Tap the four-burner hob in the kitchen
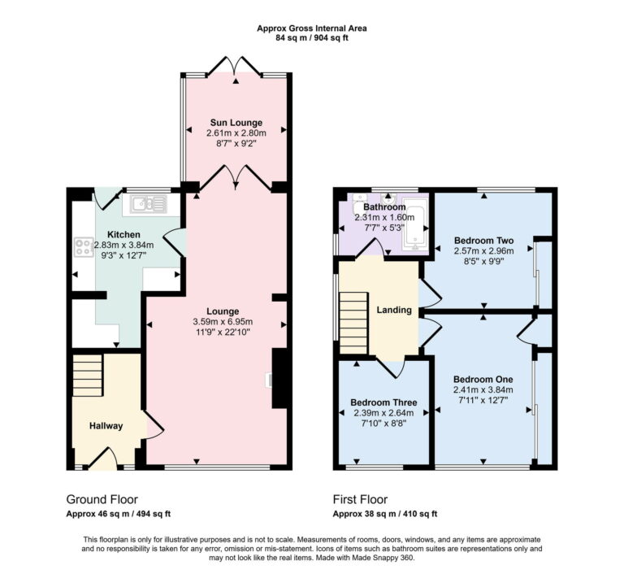(x=83, y=246)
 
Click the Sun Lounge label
(x=234, y=123)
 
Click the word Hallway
(x=106, y=426)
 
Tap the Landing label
(x=393, y=310)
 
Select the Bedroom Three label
(x=383, y=402)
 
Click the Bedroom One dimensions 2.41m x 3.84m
(x=483, y=389)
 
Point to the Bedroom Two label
(x=483, y=241)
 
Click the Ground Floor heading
(x=102, y=499)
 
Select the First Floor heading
(x=360, y=499)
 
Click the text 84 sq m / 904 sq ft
(x=312, y=38)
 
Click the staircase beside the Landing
(x=353, y=321)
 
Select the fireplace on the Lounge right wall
(x=278, y=378)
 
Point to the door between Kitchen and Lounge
(x=173, y=241)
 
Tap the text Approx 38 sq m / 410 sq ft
(x=385, y=514)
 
